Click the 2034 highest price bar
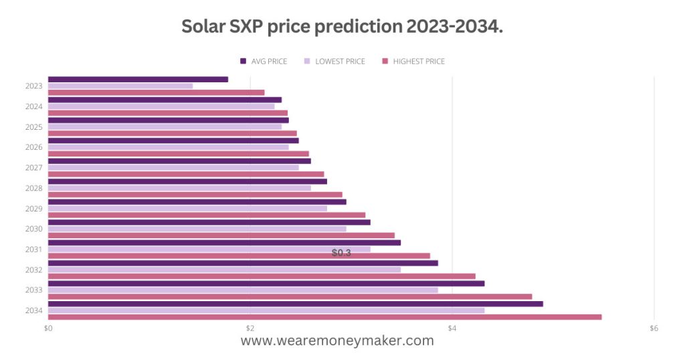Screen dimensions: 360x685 (x=324, y=317)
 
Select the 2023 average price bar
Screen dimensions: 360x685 (x=138, y=79)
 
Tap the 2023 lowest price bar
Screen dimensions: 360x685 (x=120, y=86)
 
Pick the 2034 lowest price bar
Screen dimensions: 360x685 (x=266, y=310)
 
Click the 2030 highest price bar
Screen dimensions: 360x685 (x=221, y=236)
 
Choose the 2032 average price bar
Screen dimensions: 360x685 (x=243, y=263)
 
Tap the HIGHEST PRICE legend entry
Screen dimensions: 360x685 (x=413, y=62)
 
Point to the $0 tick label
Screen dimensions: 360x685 (x=48, y=329)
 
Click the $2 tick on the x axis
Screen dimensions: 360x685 (x=250, y=329)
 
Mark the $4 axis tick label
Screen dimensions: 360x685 (x=452, y=329)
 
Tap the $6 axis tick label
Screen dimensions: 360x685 (x=654, y=329)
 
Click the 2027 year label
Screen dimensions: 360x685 (x=34, y=168)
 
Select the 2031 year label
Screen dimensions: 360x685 (x=34, y=250)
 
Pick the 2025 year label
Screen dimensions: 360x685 (x=34, y=127)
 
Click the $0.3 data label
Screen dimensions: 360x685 (x=341, y=253)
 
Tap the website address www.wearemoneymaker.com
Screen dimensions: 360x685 (x=337, y=341)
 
